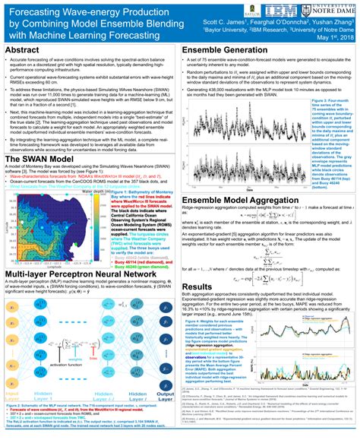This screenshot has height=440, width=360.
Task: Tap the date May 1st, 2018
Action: [335, 36]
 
